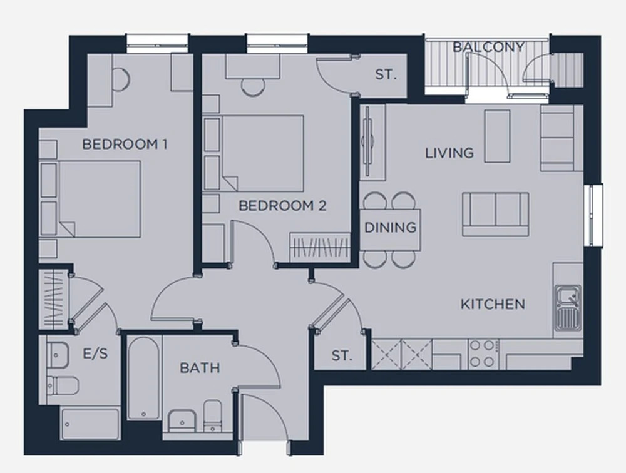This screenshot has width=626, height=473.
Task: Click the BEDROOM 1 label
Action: tap(125, 144)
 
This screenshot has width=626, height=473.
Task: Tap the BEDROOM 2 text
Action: tap(282, 206)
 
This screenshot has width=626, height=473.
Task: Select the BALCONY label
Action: tap(488, 47)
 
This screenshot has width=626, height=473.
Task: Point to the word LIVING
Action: tap(449, 153)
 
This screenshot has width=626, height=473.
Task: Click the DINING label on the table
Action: tap(390, 228)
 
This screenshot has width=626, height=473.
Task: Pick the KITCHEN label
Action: tap(493, 305)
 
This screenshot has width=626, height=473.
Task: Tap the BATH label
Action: tap(200, 368)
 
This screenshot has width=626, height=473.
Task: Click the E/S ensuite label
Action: tap(95, 353)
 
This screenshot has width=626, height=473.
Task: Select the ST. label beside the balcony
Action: tap(386, 74)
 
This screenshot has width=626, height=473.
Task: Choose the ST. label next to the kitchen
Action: tap(342, 355)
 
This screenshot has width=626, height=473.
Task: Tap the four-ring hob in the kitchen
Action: tap(483, 353)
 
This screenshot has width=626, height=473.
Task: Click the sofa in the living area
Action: tap(496, 215)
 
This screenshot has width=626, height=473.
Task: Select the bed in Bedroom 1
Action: tap(90, 199)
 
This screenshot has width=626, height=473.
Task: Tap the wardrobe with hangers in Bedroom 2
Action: tap(320, 248)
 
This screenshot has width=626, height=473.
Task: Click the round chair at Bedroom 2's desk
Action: tap(253, 88)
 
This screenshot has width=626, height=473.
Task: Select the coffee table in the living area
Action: tap(498, 136)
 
